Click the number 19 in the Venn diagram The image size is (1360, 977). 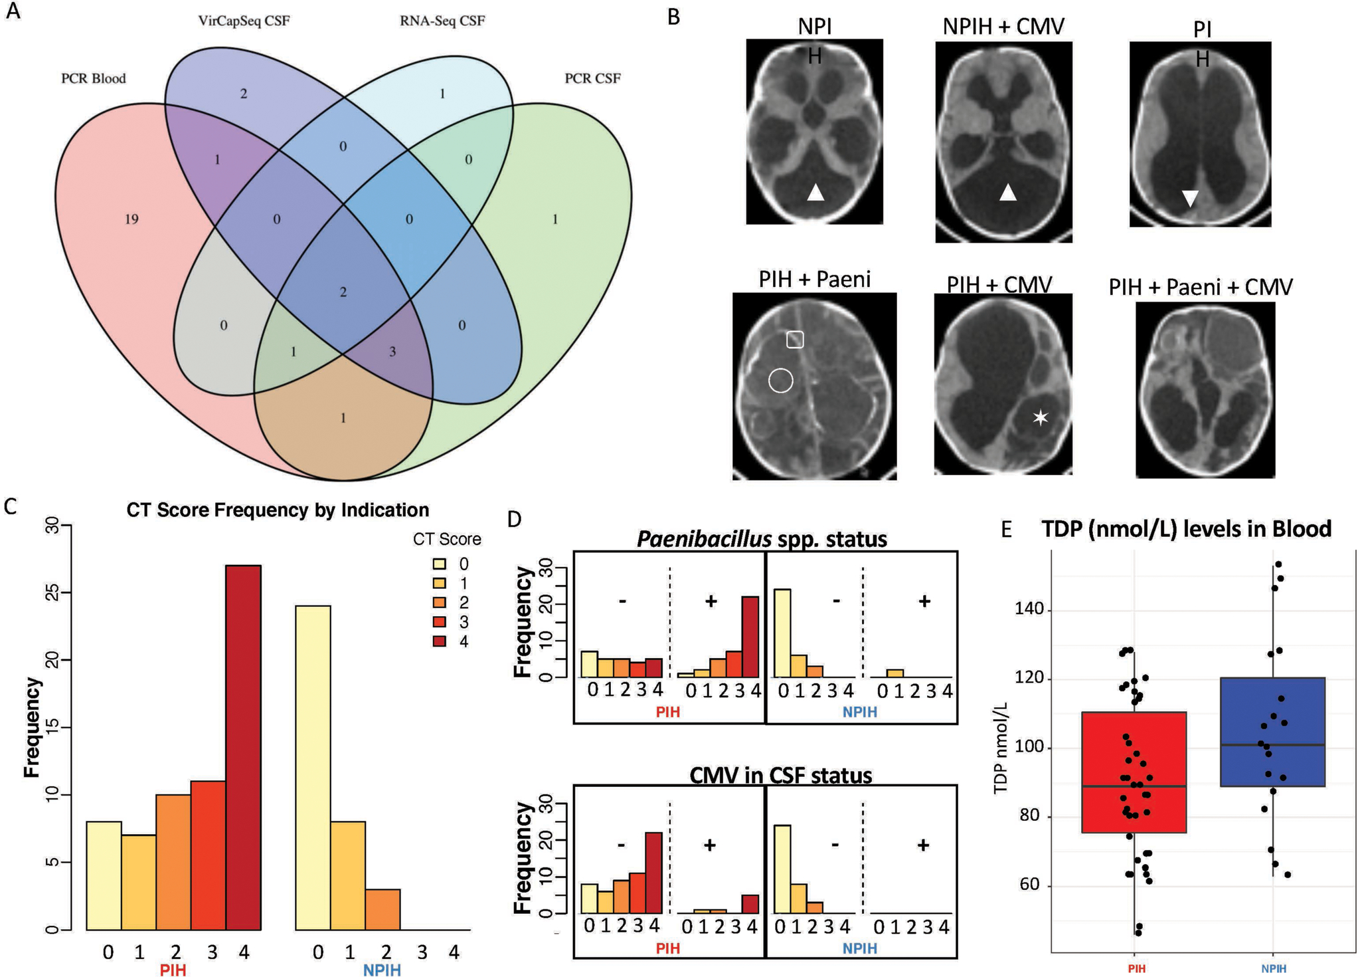(131, 219)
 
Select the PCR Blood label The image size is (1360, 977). (93, 78)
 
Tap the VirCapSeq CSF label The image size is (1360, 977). (244, 21)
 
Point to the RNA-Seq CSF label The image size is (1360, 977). (442, 21)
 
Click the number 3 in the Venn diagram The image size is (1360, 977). (392, 352)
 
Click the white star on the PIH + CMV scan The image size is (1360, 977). (1040, 417)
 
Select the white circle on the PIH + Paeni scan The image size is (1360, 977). (781, 380)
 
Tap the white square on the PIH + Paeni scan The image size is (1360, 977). (795, 340)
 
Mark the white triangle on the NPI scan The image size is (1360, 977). (815, 193)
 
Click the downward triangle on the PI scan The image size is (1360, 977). (1190, 197)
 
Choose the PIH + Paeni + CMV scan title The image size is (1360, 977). (1201, 287)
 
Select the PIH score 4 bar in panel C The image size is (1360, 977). (244, 747)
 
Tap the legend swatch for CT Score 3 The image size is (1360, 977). (440, 622)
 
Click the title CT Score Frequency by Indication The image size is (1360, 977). (278, 510)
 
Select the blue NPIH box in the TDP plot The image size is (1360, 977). (1273, 732)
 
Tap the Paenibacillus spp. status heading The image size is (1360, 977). (762, 538)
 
